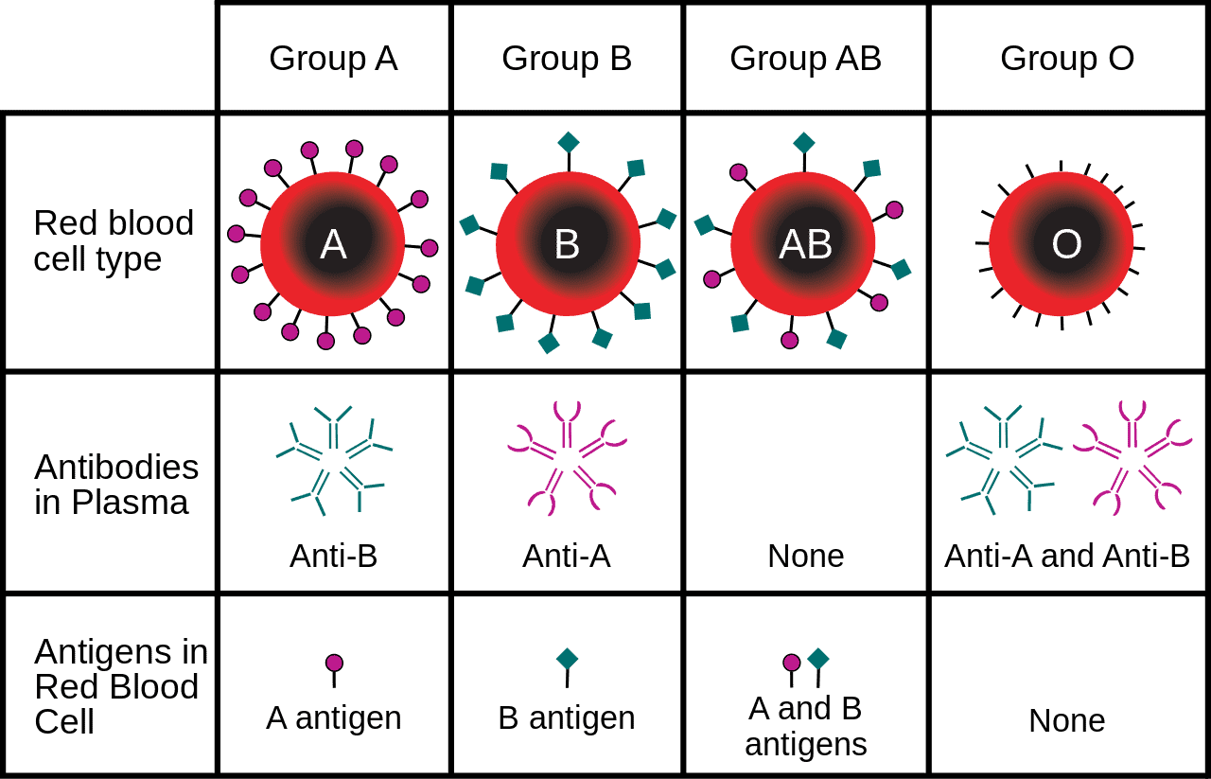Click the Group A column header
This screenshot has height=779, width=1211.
pos(333,59)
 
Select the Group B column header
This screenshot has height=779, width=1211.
pos(566,59)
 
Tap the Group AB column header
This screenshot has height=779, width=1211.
pos(805,59)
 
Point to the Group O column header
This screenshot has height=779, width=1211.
pos(1066,59)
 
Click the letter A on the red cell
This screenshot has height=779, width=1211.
pos(333,244)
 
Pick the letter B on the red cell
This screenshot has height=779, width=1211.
pos(567,244)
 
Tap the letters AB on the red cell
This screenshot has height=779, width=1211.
pos(805,244)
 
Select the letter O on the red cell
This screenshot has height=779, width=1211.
pos(1066,244)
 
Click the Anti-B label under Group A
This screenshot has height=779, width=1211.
pos(333,556)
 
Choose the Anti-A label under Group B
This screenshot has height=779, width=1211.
pos(566,556)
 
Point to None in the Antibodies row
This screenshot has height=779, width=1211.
pos(805,556)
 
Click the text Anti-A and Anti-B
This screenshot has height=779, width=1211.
pos(1066,556)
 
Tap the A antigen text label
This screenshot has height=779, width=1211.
pos(333,718)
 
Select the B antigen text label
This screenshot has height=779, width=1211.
pos(566,718)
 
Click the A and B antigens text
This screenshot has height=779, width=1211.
pos(805,726)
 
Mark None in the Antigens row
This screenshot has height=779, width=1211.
pos(1066,721)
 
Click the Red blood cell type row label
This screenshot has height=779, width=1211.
pos(114,240)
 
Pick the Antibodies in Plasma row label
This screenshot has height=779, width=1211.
pos(116,485)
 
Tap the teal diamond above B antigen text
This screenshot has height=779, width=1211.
pos(567,659)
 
